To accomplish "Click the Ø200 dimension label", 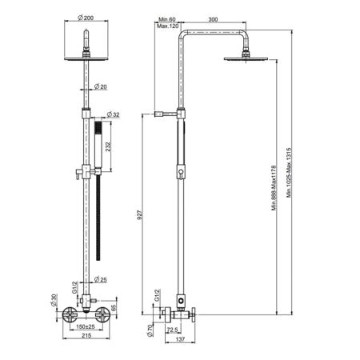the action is coord(86,18).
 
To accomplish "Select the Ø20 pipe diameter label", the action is coord(101,86).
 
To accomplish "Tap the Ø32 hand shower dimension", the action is coord(113,114).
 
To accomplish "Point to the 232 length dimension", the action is coord(108,147).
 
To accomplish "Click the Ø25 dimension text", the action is coord(101,279).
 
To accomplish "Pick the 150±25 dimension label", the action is coord(86,326).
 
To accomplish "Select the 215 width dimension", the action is coord(86,335).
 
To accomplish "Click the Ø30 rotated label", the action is coord(54,300).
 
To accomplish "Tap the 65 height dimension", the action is coord(114,308).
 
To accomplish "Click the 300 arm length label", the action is coord(213,19).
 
